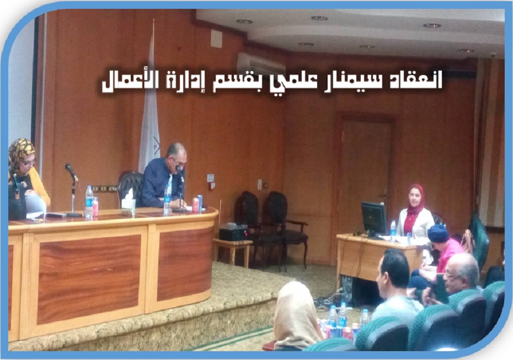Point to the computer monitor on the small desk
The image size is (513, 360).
point(373,218)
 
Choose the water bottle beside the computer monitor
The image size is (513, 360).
point(393,229)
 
